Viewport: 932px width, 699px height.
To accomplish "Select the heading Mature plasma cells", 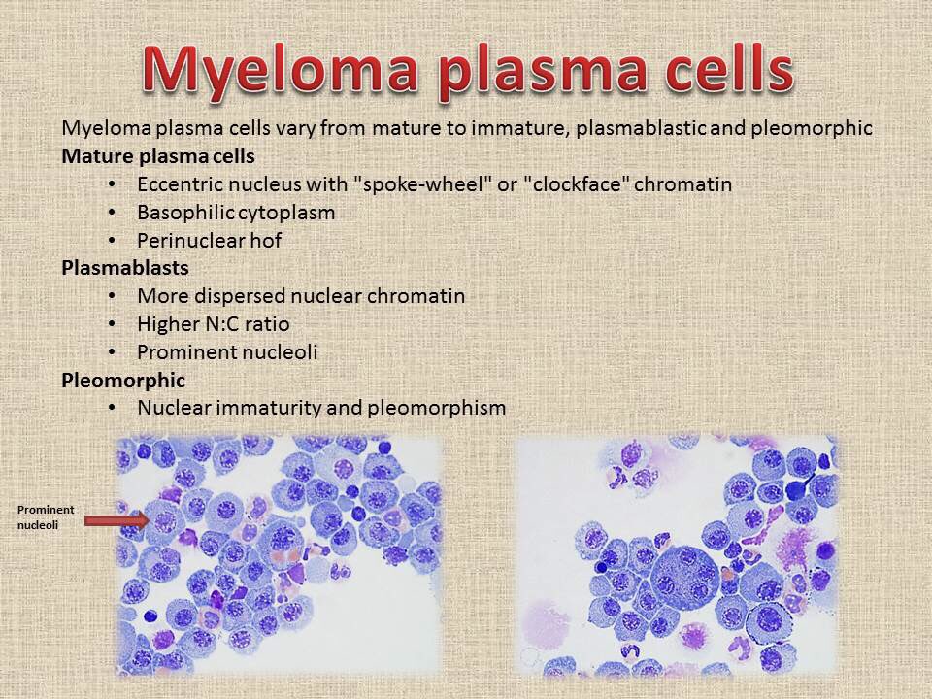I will (158, 155).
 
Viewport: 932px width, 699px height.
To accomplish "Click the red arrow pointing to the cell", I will (116, 520).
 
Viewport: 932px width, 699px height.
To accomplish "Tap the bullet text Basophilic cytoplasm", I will (236, 212).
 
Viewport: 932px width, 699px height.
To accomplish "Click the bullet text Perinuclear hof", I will (209, 240).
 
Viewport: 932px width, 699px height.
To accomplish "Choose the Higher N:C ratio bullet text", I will (214, 323).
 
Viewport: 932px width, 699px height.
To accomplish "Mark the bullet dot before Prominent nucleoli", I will (112, 352).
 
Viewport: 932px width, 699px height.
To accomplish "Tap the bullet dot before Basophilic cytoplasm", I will (112, 213).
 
